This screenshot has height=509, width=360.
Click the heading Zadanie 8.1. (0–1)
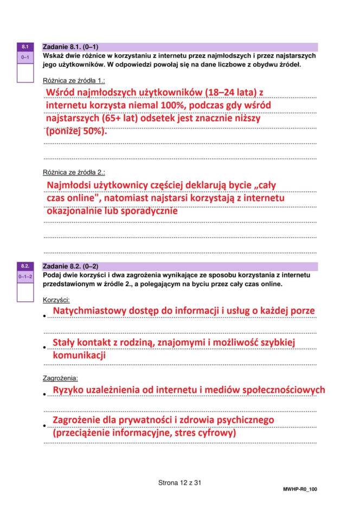coord(70,47)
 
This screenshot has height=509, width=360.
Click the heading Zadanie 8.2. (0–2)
coord(70,266)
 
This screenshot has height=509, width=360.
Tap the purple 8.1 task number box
coord(25,47)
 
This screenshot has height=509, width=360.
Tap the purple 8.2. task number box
coord(25,266)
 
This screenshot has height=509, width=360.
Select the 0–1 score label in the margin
coord(25,57)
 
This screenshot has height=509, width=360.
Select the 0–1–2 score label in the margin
coord(25,276)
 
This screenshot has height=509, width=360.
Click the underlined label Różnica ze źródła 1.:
coord(74,80)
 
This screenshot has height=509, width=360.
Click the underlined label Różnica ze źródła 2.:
coord(74,172)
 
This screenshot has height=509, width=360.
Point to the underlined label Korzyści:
coord(56,300)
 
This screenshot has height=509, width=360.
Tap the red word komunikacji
coord(79,356)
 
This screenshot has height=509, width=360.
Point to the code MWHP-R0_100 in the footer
coord(300,489)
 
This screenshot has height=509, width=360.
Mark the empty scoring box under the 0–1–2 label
coord(25,292)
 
